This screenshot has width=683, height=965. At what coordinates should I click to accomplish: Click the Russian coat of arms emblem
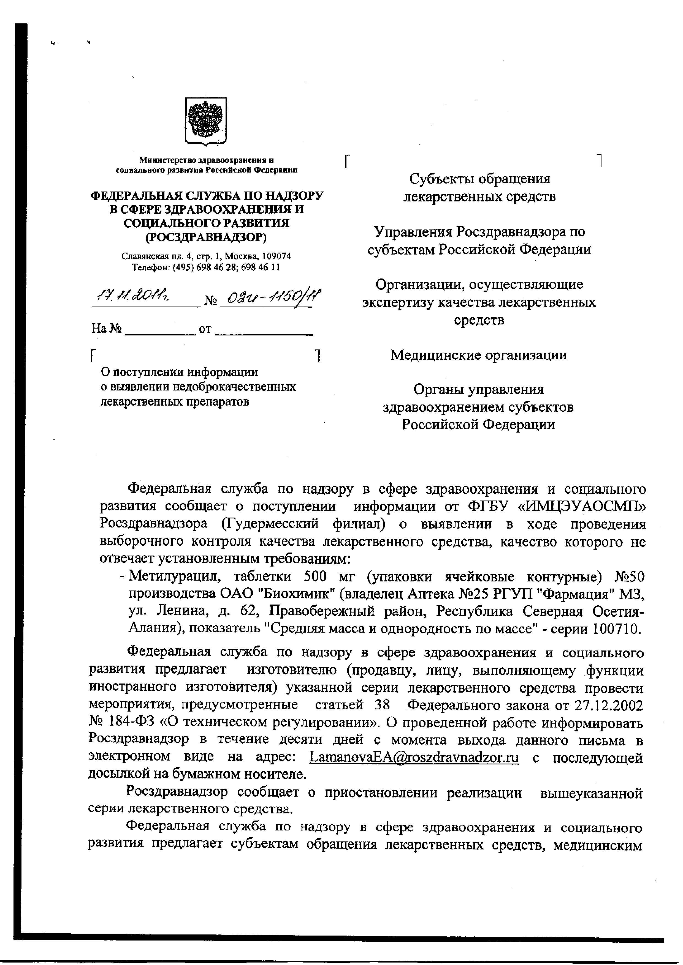click(206, 121)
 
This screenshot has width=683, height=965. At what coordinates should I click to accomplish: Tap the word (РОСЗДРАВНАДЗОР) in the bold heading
click(206, 237)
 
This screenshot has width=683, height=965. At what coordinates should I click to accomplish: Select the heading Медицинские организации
click(479, 356)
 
